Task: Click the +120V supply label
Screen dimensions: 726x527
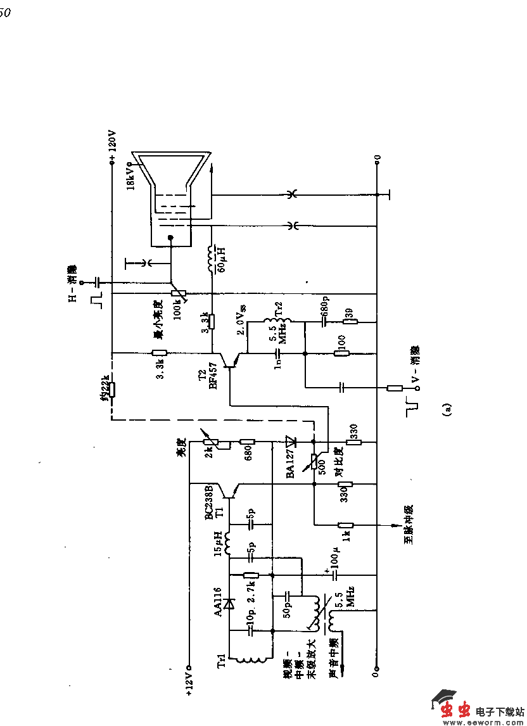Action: [113, 145]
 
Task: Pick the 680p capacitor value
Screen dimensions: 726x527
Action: [326, 307]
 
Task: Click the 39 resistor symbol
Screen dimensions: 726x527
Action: [350, 321]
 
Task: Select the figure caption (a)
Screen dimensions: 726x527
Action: [447, 409]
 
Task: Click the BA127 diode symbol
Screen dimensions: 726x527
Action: [291, 441]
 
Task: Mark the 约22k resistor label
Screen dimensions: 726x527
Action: [105, 388]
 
